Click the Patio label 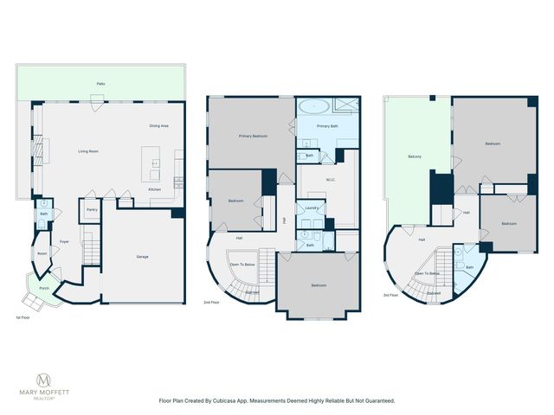pos(100,83)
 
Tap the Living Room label pos(88,151)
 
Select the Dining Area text pos(158,126)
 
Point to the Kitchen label pos(154,189)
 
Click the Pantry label pos(91,209)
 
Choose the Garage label pos(142,257)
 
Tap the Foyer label pos(64,242)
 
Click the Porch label pos(43,288)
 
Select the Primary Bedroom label pos(253,136)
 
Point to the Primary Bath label pos(327,126)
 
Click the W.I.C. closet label pos(331,180)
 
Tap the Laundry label pos(309,207)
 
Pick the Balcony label pos(415,156)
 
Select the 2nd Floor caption pos(211,303)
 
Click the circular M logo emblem pos(43,380)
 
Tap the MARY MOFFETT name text pos(43,394)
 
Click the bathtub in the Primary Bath pos(314,106)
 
